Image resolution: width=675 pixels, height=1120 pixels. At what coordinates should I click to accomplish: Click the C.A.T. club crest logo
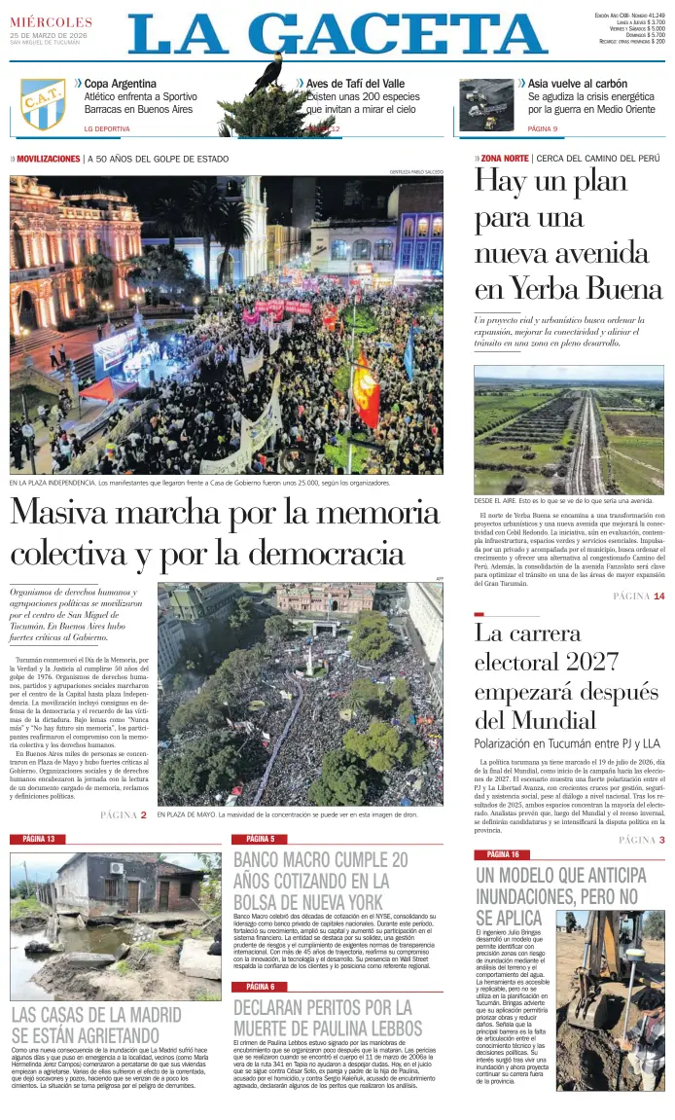pyautogui.click(x=44, y=104)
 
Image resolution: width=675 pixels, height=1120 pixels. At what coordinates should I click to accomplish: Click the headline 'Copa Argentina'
pyautogui.click(x=120, y=84)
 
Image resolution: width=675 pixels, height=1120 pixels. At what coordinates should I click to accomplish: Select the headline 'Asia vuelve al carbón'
pyautogui.click(x=577, y=84)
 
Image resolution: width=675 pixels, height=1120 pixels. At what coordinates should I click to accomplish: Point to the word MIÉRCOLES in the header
pyautogui.click(x=52, y=22)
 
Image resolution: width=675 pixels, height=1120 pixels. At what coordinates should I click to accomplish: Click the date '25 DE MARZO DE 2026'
pyautogui.click(x=49, y=35)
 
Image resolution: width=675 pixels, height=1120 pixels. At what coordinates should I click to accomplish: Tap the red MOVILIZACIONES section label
pyautogui.click(x=48, y=159)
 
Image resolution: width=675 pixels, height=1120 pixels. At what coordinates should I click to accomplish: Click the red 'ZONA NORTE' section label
pyautogui.click(x=505, y=158)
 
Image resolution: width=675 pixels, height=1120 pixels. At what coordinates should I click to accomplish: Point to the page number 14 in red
pyautogui.click(x=658, y=596)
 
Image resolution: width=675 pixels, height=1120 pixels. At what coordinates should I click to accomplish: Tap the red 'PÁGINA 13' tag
pyautogui.click(x=39, y=839)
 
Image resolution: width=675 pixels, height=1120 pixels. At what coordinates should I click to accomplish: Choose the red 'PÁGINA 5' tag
pyautogui.click(x=260, y=839)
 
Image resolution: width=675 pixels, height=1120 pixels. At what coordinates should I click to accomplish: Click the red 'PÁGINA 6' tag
pyautogui.click(x=260, y=987)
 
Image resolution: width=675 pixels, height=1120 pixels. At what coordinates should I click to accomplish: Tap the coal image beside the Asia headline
pyautogui.click(x=487, y=105)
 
